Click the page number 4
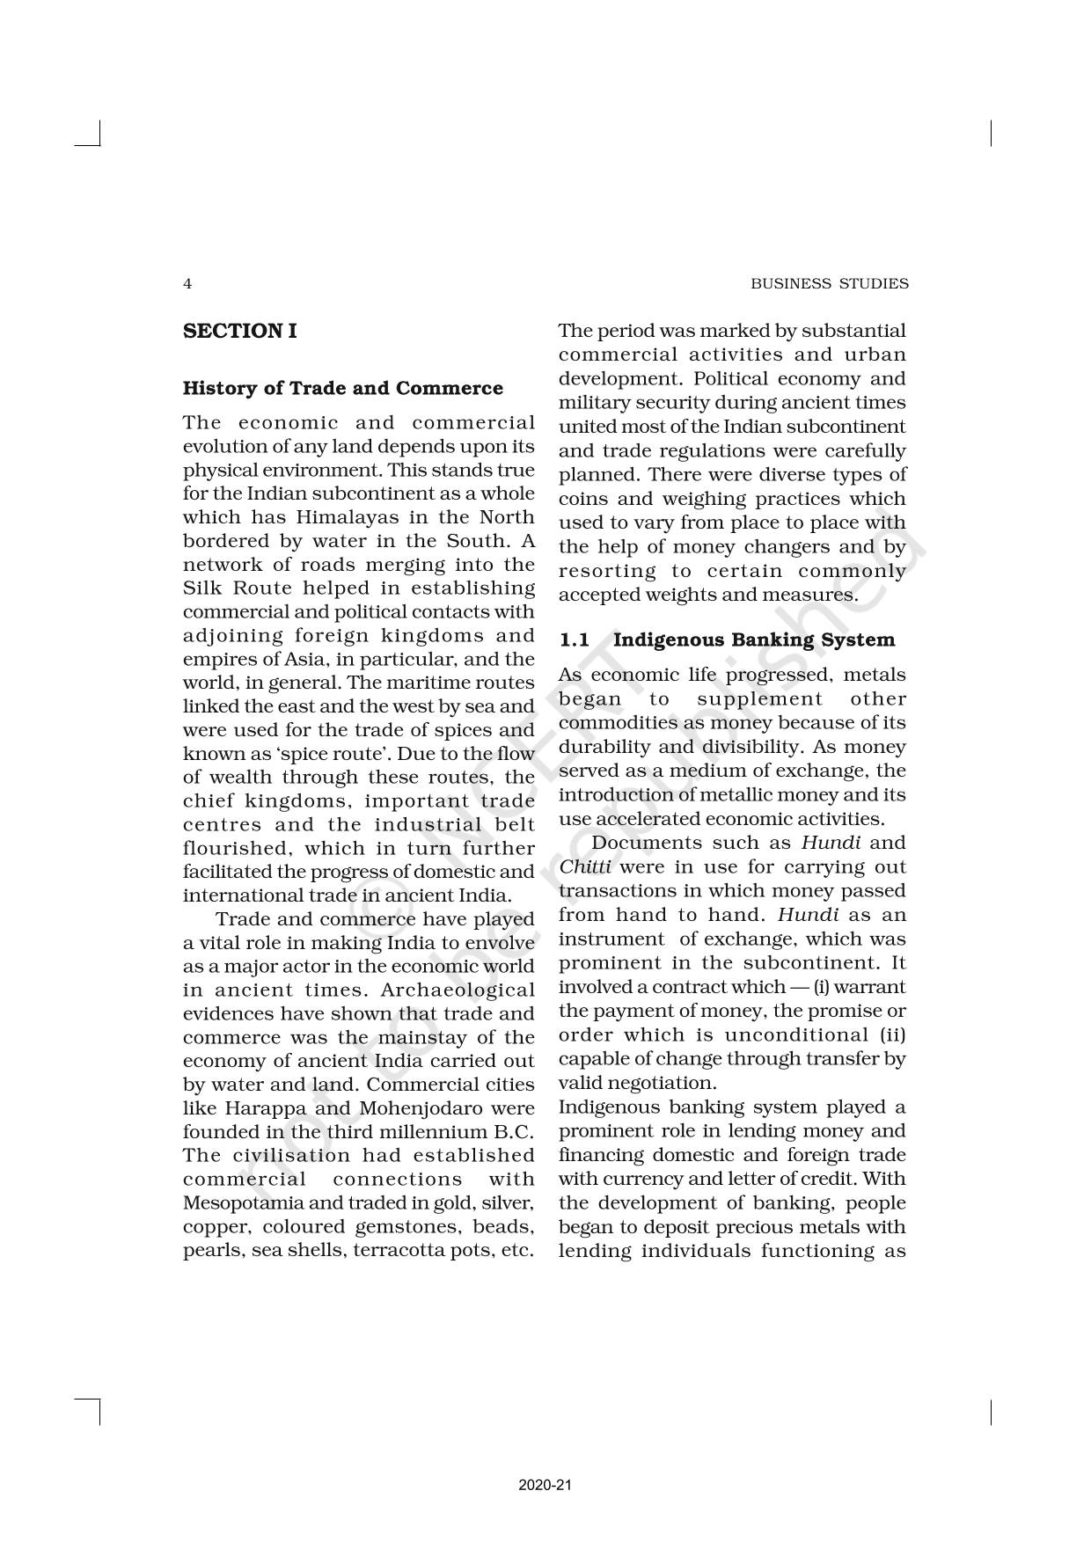pos(187,284)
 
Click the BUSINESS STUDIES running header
pos(829,284)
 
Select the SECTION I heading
pos(239,332)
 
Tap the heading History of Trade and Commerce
pos(343,389)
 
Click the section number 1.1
pos(575,640)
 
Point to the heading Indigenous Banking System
pos(753,640)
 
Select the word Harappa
pos(264,1108)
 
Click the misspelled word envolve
pos(499,943)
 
